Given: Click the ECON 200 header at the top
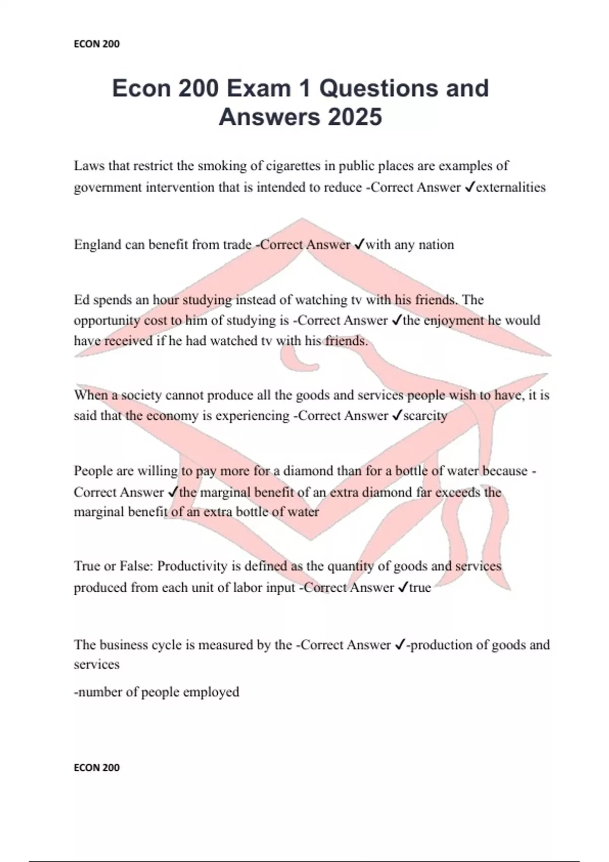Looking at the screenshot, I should (x=96, y=44).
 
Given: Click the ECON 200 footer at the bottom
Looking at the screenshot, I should (x=96, y=768).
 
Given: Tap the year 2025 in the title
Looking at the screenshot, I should (x=355, y=117).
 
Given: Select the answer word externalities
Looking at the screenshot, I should (x=511, y=187).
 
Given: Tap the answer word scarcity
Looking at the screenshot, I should (x=425, y=416).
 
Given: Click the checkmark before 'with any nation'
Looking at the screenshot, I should (x=358, y=245).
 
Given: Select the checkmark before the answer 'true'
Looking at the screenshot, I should (x=402, y=587).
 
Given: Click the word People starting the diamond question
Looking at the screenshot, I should (x=93, y=471).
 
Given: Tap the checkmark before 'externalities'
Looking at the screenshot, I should (x=469, y=187).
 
